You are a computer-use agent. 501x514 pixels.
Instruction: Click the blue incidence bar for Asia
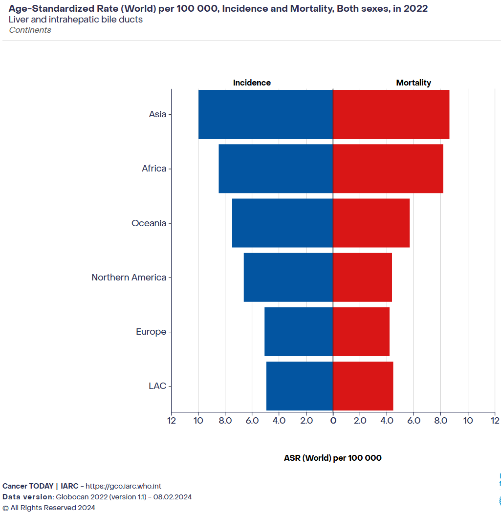tap(265, 114)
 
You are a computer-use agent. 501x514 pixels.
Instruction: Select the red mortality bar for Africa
tap(388, 169)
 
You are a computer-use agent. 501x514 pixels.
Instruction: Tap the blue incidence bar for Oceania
tap(282, 223)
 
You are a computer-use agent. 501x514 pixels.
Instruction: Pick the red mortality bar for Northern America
tap(362, 277)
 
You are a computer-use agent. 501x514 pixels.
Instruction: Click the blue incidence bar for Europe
tap(298, 332)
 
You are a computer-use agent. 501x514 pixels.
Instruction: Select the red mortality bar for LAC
tap(363, 386)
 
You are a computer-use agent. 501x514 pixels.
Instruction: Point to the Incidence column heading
tap(252, 83)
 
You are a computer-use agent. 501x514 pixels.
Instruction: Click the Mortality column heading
tap(414, 83)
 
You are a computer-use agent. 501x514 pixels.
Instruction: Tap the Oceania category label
tap(149, 223)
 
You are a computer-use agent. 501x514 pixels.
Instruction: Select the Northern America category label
tap(129, 278)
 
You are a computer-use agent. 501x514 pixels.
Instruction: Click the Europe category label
tap(151, 332)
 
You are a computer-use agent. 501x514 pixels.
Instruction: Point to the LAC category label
tap(157, 386)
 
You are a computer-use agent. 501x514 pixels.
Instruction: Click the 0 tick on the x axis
tap(333, 421)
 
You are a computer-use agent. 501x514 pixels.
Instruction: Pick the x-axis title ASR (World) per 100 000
tap(332, 458)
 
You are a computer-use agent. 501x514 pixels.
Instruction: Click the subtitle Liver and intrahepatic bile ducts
tap(76, 20)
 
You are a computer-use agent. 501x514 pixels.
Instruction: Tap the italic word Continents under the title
tap(30, 30)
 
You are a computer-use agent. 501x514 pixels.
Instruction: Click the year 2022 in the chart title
tap(416, 9)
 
